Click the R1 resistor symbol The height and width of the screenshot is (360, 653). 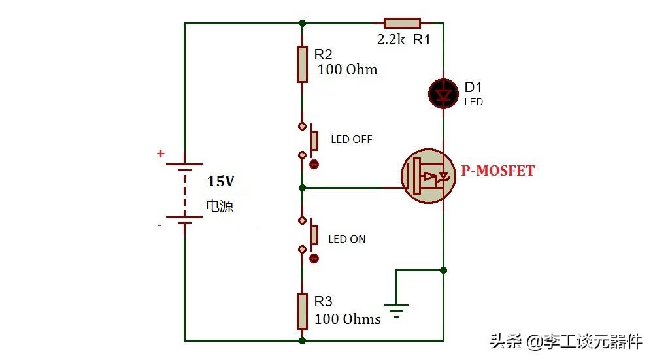[402, 23]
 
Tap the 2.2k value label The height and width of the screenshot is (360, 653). [391, 40]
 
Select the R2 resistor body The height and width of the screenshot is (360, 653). [303, 64]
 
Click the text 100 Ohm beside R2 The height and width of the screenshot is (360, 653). [347, 69]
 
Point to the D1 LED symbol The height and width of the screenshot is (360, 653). [444, 93]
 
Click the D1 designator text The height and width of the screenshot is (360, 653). [473, 88]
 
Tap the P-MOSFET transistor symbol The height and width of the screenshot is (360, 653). [428, 176]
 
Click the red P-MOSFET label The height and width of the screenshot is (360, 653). [497, 171]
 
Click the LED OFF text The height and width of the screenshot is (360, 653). [352, 139]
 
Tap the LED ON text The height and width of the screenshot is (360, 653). [347, 239]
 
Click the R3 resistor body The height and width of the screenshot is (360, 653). [303, 311]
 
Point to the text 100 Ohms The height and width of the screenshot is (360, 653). [347, 319]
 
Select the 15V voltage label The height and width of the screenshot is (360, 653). [221, 181]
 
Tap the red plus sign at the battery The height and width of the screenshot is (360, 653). [160, 154]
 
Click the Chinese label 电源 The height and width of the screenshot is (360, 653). [220, 206]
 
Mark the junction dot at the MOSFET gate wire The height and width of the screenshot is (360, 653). [303, 188]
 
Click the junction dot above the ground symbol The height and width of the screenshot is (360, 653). [444, 270]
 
